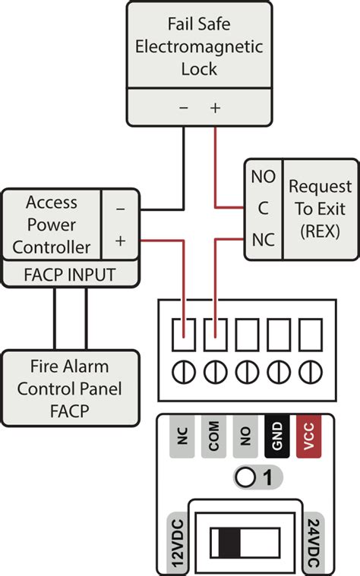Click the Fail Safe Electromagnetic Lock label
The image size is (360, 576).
[x=199, y=46]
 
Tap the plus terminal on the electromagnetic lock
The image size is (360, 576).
[x=216, y=108]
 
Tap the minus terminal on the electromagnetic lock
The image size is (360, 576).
[x=184, y=108]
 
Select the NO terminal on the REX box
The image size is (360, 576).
[x=263, y=177]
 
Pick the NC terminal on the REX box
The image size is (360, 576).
[x=263, y=241]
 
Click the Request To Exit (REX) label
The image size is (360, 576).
[x=320, y=208]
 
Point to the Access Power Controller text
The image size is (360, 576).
[x=52, y=225]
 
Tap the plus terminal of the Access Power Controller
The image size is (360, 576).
[x=120, y=241]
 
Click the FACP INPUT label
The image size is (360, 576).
[x=70, y=274]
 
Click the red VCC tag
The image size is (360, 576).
[x=308, y=437]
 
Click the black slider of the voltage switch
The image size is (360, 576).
[x=228, y=543]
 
